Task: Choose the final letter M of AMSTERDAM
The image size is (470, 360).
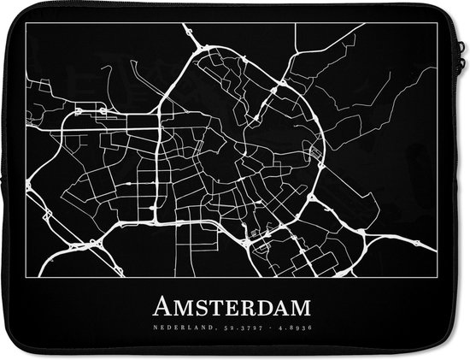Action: tap(301, 306)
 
